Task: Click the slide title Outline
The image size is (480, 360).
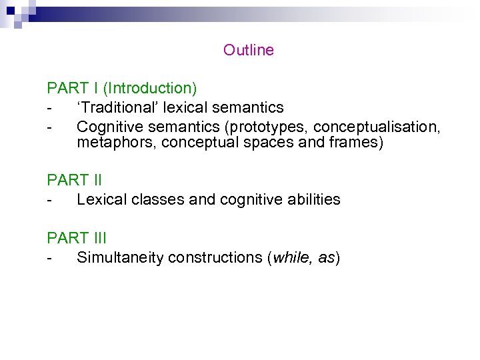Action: point(248,50)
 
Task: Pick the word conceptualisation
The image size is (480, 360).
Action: point(376,127)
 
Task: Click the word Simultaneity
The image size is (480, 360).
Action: point(121,257)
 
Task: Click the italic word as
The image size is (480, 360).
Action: point(326,257)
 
